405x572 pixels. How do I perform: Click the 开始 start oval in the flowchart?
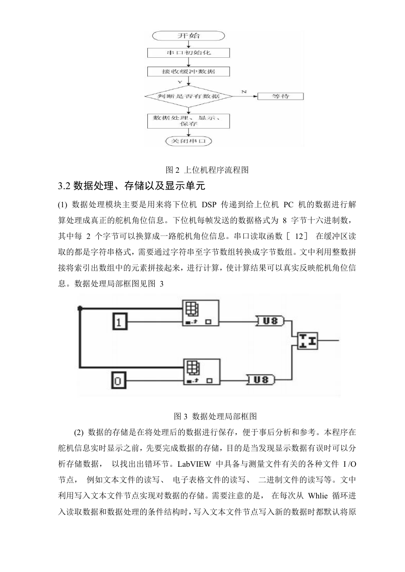[x=188, y=36]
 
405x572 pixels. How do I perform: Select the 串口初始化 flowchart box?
[x=188, y=53]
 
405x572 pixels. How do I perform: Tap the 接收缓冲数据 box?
[x=188, y=72]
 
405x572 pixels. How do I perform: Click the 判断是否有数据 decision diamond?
[x=188, y=96]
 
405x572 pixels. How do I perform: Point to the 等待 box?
[x=280, y=96]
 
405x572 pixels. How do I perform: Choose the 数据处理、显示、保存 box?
[x=188, y=121]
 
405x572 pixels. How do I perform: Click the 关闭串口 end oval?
[x=188, y=141]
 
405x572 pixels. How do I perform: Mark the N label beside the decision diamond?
[x=244, y=91]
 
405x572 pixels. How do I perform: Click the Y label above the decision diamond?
[x=180, y=82]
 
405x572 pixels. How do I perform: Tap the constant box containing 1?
[x=120, y=322]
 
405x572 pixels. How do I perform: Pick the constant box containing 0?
[x=119, y=380]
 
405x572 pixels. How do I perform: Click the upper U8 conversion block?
[x=269, y=321]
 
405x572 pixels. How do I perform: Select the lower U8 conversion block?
[x=260, y=380]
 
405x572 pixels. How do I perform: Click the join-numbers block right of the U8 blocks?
[x=308, y=340]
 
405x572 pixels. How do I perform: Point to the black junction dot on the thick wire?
[x=80, y=308]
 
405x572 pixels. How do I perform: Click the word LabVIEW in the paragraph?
[x=194, y=464]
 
